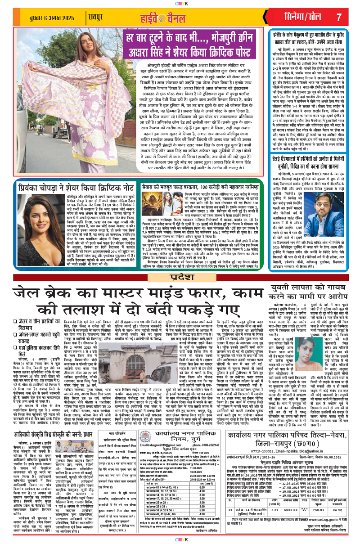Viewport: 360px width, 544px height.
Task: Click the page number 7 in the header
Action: point(339,17)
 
